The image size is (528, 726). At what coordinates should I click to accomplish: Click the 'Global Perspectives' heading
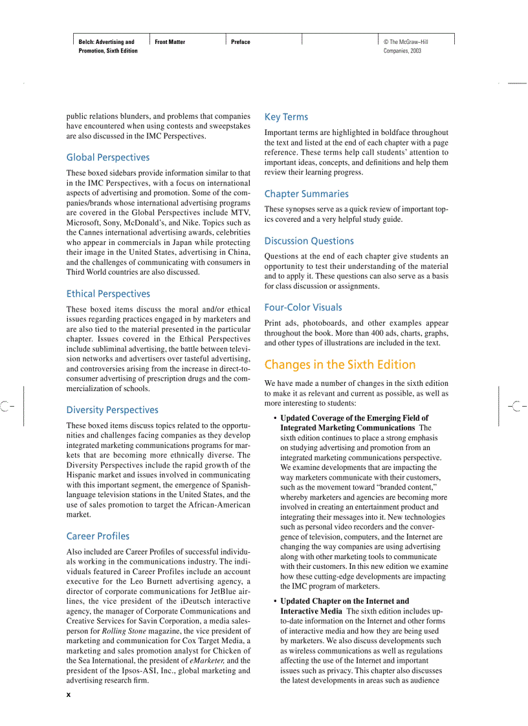click(107, 157)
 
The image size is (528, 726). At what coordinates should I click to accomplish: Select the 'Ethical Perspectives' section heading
click(108, 294)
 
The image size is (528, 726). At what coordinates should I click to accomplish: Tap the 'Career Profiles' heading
click(98, 536)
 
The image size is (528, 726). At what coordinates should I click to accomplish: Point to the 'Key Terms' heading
click(286, 117)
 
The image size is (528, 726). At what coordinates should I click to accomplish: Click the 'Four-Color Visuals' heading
click(303, 307)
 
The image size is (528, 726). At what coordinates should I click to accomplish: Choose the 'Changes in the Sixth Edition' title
click(340, 365)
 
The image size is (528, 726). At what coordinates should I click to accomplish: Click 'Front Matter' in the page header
click(170, 42)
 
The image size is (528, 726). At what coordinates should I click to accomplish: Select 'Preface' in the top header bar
click(241, 42)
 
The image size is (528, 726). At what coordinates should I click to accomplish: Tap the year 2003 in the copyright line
click(415, 50)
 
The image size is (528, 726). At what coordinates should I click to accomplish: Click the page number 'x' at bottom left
click(69, 694)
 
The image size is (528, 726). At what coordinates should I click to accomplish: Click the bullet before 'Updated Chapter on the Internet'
click(275, 601)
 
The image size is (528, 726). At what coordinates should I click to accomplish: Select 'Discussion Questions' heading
click(309, 240)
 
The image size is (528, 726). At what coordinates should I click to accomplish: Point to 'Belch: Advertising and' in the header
click(106, 42)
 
